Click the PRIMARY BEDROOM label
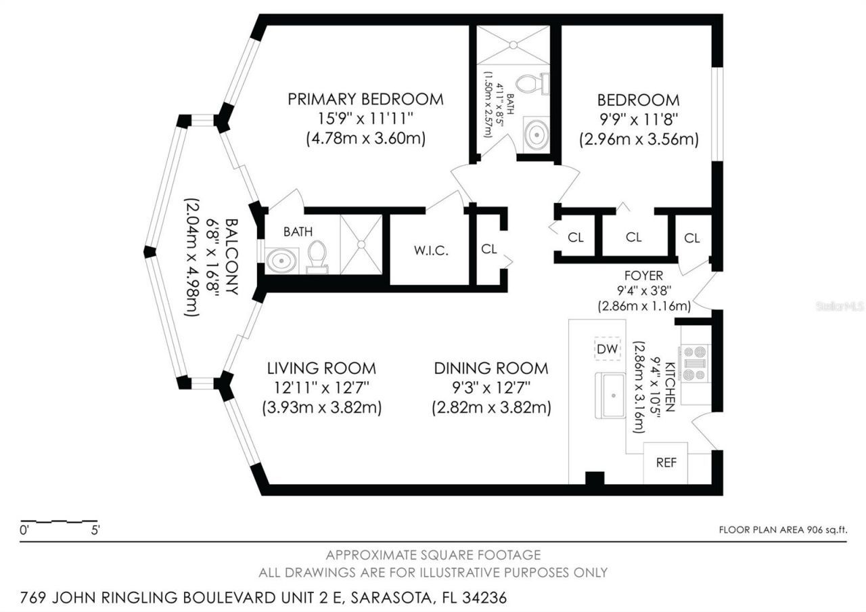[x=365, y=99]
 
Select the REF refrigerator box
[x=665, y=463]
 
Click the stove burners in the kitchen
[x=695, y=363]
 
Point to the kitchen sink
[x=610, y=395]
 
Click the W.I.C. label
[x=431, y=250]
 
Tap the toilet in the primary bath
[x=317, y=255]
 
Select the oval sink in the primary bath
[x=282, y=260]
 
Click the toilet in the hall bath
[x=531, y=84]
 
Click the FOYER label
[x=643, y=276]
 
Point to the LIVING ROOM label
[x=321, y=368]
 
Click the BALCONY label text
[x=231, y=256]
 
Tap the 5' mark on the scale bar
[x=95, y=530]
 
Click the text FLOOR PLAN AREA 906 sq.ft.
[x=783, y=530]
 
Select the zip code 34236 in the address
[x=481, y=598]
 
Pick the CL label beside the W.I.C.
[x=489, y=248]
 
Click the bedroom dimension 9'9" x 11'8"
[x=638, y=120]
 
